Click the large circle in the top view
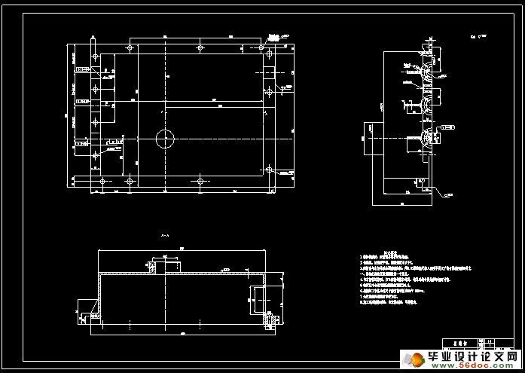coord(165,137)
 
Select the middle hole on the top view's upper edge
coord(200,48)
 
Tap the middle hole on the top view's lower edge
coord(200,181)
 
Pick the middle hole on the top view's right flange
coord(268,92)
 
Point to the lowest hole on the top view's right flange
coord(268,170)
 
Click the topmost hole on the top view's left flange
coord(95,57)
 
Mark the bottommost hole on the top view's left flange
coord(95,156)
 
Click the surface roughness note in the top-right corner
coord(477,35)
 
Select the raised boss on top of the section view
coord(166,264)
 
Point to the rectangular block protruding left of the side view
coord(374,137)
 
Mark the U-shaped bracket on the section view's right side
coord(257,299)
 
